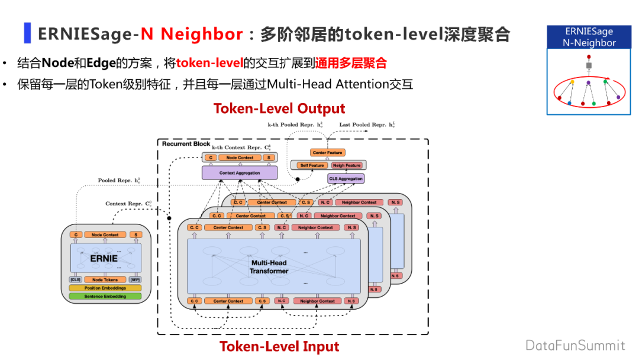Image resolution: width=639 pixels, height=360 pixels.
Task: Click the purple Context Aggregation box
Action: [x=239, y=172]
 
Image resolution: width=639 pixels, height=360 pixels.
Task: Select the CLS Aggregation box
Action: [x=346, y=178]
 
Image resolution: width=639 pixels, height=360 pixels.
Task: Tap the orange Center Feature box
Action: [x=328, y=153]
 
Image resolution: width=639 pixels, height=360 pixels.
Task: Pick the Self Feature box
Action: [x=312, y=166]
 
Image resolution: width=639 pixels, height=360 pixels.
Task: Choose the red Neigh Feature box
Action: [x=346, y=166]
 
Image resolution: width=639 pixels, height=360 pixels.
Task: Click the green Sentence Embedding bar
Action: [x=105, y=296]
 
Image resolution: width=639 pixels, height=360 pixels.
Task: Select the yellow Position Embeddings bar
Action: [x=105, y=288]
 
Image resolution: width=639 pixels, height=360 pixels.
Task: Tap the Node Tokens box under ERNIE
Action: [x=105, y=279]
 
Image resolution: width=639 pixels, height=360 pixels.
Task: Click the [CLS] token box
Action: [x=75, y=279]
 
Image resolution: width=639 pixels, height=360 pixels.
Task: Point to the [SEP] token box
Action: [x=135, y=279]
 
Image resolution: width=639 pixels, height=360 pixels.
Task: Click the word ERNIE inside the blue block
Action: [x=104, y=259]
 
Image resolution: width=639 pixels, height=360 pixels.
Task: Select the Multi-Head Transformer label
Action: [x=269, y=266]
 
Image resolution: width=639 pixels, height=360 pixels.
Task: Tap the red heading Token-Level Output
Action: [x=279, y=109]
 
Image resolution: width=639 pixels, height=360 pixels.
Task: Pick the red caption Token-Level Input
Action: [x=279, y=346]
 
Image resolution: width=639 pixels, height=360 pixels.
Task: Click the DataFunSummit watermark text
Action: [x=575, y=345]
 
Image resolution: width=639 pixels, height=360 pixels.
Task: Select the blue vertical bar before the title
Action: [x=27, y=33]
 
